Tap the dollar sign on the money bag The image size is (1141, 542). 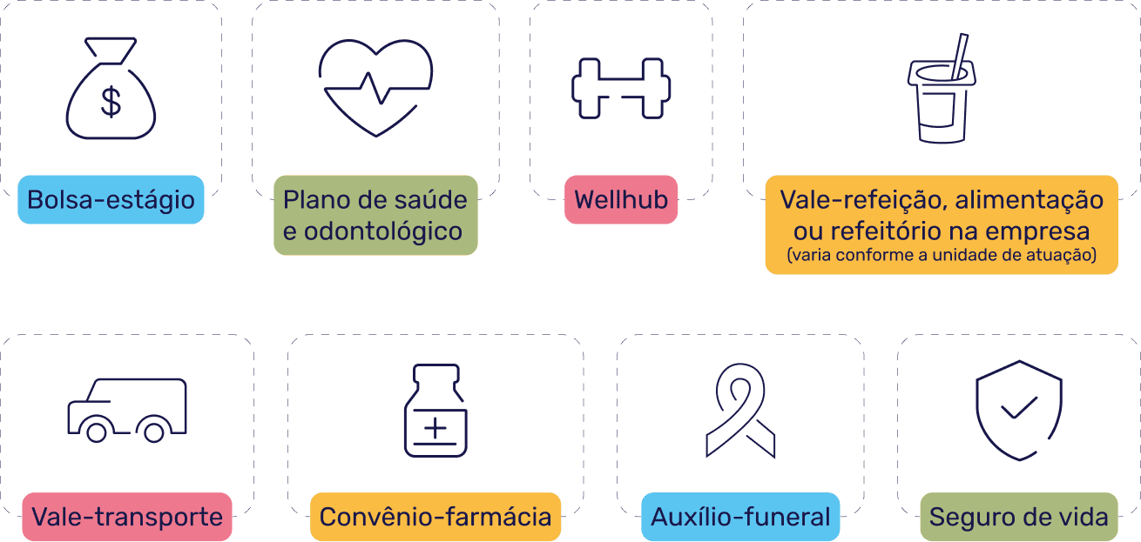pos(111,102)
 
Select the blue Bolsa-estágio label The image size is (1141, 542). pos(111,199)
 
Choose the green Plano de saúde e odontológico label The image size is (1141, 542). pos(376,215)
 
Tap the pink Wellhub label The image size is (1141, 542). pos(621,199)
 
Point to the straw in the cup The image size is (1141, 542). pos(960,56)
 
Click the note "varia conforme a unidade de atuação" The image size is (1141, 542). pos(942,254)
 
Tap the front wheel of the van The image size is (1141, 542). pos(97,432)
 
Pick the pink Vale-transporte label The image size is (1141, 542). pos(127,517)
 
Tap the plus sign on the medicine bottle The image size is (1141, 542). pos(435,428)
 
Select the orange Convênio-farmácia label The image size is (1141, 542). pos(435,517)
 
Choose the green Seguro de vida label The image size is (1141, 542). pos(1019,517)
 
